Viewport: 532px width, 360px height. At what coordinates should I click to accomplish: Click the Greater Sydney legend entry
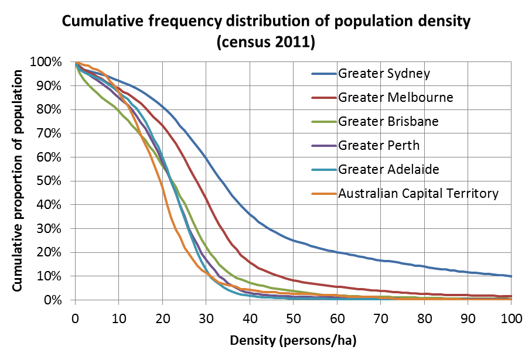[384, 73]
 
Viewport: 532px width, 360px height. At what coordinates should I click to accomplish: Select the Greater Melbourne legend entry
[395, 97]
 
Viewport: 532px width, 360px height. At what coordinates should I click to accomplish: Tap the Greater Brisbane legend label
[388, 121]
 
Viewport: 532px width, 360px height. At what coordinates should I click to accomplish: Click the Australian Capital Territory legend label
[418, 193]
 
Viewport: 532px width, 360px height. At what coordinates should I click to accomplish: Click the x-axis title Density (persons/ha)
[293, 340]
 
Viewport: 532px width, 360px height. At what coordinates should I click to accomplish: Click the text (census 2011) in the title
[267, 42]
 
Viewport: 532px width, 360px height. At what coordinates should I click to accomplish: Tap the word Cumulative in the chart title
[106, 22]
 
